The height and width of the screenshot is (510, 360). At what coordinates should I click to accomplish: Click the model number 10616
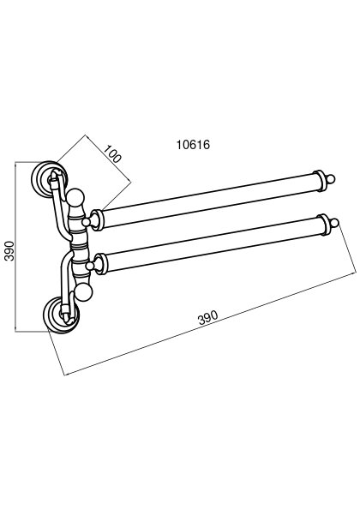click(x=193, y=145)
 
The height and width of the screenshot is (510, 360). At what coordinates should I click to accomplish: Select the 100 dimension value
click(x=112, y=153)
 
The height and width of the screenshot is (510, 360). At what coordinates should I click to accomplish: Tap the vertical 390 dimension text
click(x=9, y=251)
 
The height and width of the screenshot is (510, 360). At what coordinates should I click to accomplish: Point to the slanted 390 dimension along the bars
click(x=207, y=317)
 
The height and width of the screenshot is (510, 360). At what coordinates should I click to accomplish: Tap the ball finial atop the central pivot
click(x=75, y=197)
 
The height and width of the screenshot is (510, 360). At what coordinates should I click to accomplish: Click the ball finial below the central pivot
click(x=84, y=292)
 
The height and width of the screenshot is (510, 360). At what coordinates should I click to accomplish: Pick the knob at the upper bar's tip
click(x=330, y=179)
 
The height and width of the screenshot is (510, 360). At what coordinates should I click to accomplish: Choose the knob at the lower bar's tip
click(x=334, y=223)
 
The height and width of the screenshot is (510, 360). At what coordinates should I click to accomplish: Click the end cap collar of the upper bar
click(x=319, y=181)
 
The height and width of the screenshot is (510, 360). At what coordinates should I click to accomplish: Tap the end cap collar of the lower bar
click(x=323, y=225)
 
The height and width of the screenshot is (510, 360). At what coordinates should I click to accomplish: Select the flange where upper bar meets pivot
click(x=97, y=220)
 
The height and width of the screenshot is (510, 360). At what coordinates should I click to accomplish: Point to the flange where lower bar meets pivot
click(x=100, y=264)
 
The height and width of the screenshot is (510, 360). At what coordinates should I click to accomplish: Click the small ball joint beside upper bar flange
click(x=86, y=222)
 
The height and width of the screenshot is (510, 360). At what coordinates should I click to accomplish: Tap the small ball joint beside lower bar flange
click(x=90, y=267)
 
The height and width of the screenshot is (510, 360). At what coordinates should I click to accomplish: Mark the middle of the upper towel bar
click(x=207, y=201)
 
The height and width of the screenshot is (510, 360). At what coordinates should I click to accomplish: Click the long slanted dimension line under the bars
click(x=210, y=324)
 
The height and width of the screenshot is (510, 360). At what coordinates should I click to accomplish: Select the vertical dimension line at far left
click(x=15, y=247)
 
